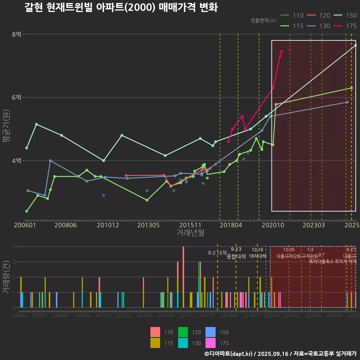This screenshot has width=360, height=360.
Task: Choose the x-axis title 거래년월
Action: (x=190, y=232)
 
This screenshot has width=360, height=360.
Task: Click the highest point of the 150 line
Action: (x=355, y=45)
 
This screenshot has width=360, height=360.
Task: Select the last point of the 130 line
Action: (x=347, y=102)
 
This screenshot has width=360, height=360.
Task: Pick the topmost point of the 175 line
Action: (x=282, y=51)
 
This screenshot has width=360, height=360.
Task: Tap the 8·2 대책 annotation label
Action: (x=217, y=253)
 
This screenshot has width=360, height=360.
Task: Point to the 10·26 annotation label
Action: (x=289, y=250)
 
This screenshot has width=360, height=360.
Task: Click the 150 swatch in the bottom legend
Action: (x=210, y=332)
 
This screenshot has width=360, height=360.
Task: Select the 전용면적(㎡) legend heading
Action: (x=264, y=20)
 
